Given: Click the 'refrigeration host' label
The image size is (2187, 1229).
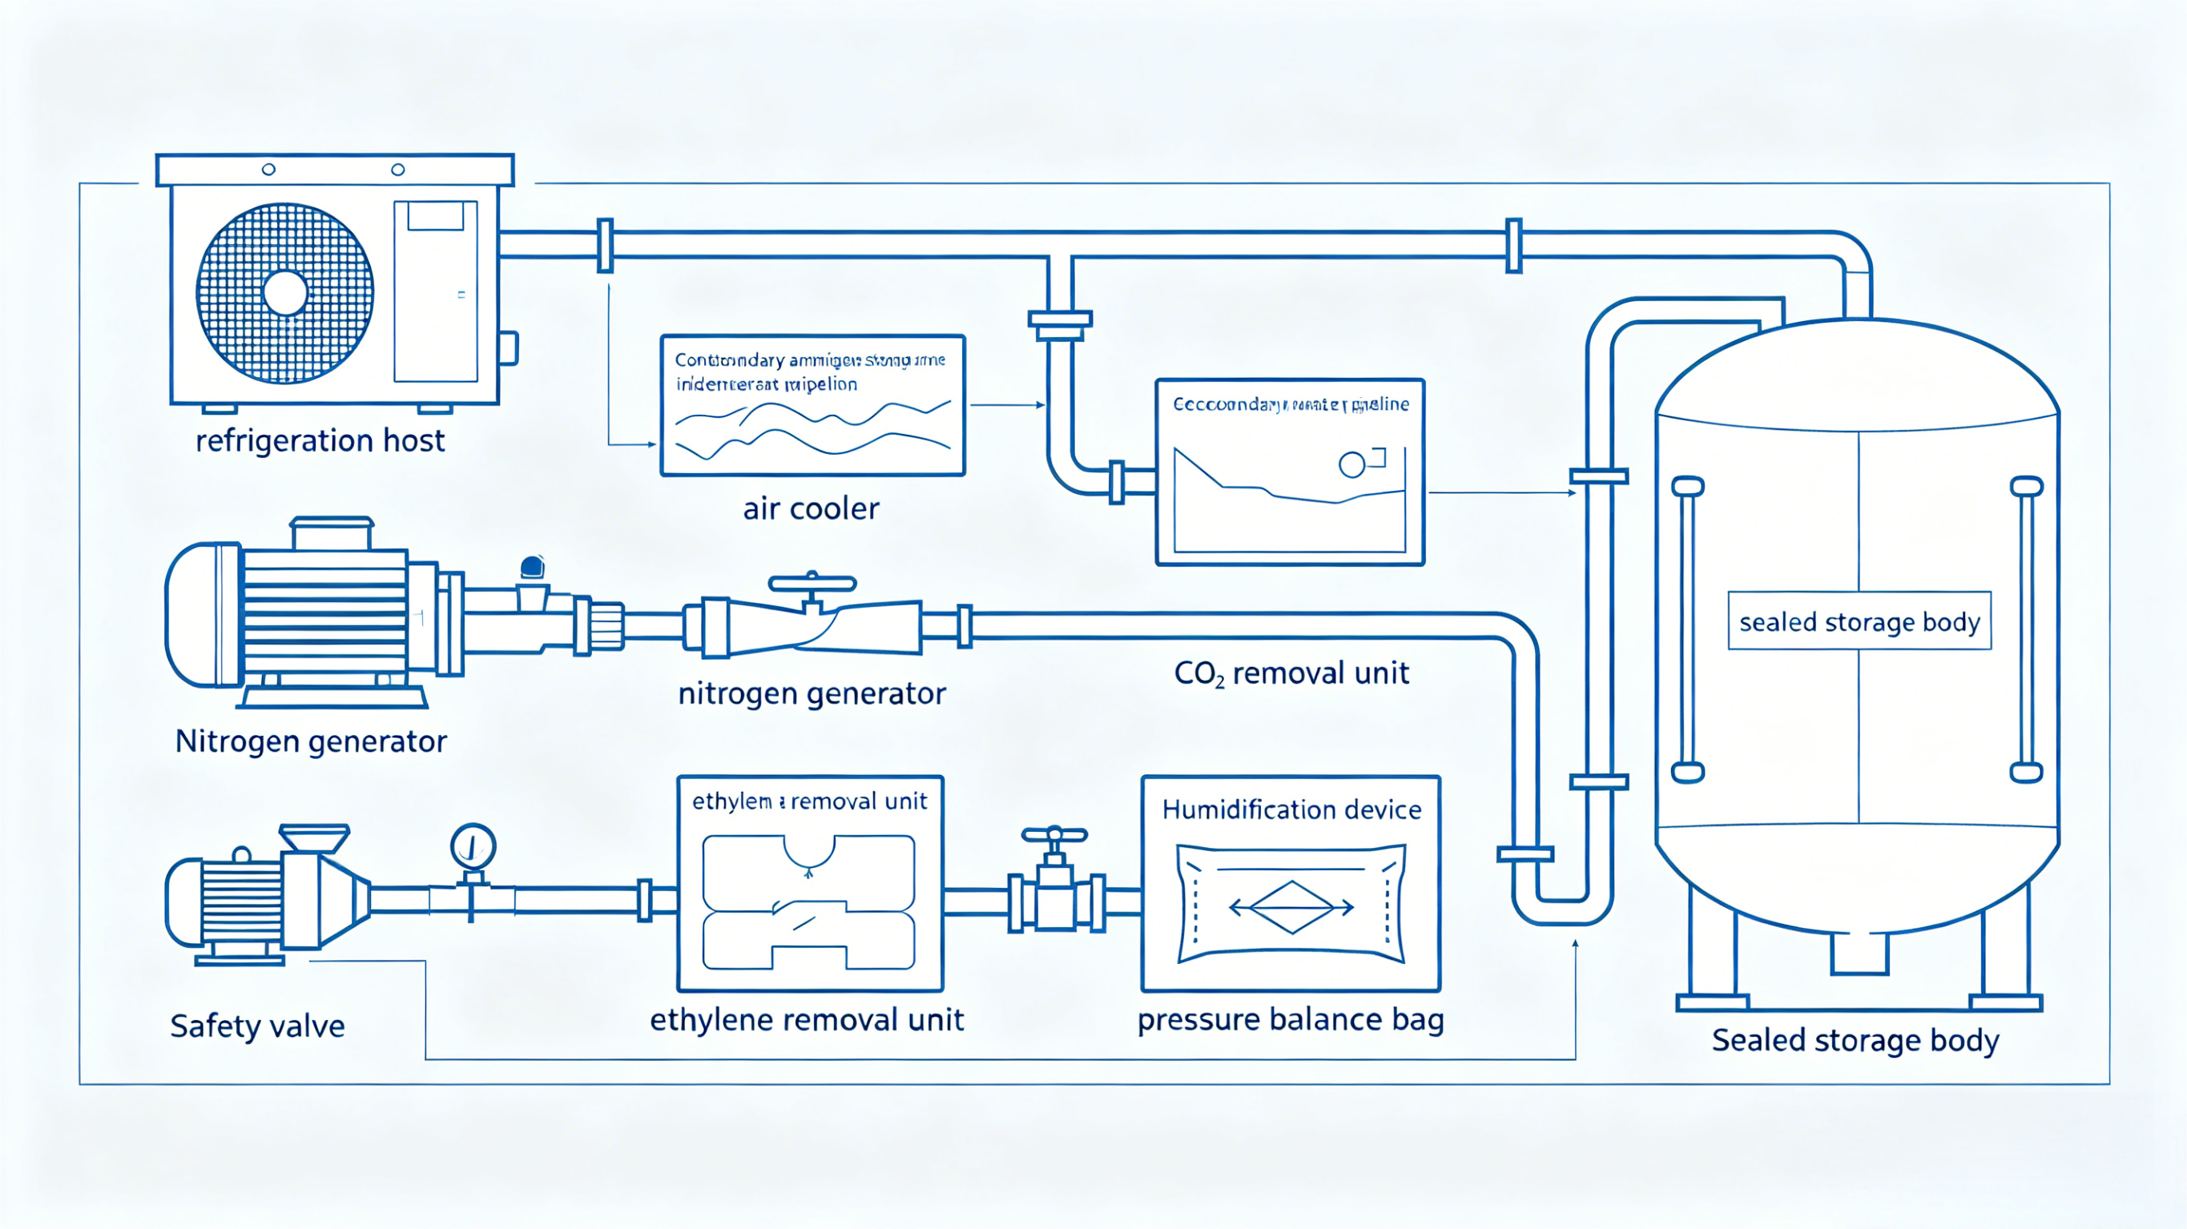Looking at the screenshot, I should tap(320, 441).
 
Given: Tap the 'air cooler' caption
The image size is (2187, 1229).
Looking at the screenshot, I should tap(811, 508).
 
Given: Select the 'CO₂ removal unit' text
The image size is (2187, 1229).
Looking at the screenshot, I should tap(1291, 674).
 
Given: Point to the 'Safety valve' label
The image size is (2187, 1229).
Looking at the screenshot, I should tap(257, 1026).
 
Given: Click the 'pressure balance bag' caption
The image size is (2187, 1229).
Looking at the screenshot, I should tap(1291, 1019).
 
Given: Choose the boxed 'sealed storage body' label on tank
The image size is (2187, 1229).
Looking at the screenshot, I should tap(1859, 622).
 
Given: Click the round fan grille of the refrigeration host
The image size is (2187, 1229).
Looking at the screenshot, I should tap(285, 294).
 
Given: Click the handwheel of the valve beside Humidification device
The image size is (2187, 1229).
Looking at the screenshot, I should tap(1053, 835).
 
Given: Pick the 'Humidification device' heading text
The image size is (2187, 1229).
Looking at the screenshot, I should tap(1291, 809).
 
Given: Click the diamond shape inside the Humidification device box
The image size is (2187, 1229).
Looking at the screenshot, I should tap(1291, 907).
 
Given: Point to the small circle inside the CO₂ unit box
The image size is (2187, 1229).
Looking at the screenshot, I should tap(1351, 464).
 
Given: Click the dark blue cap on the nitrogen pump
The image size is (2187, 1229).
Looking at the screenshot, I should tap(532, 566).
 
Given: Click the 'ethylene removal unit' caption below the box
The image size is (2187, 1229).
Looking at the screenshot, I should tap(807, 1019).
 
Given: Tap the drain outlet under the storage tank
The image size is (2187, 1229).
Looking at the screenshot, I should tap(1859, 954).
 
